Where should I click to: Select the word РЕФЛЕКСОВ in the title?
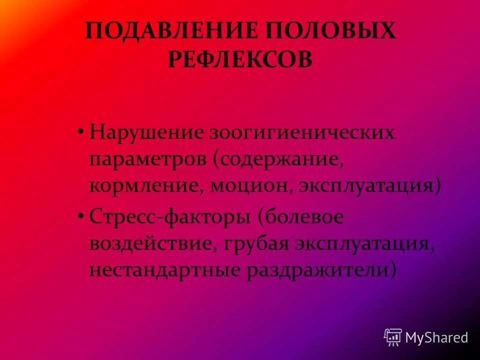(x=240, y=60)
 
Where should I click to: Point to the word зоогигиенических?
(x=302, y=133)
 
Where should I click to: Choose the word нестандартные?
(x=164, y=270)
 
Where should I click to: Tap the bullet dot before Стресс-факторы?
(x=80, y=215)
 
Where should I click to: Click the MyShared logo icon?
(x=393, y=337)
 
